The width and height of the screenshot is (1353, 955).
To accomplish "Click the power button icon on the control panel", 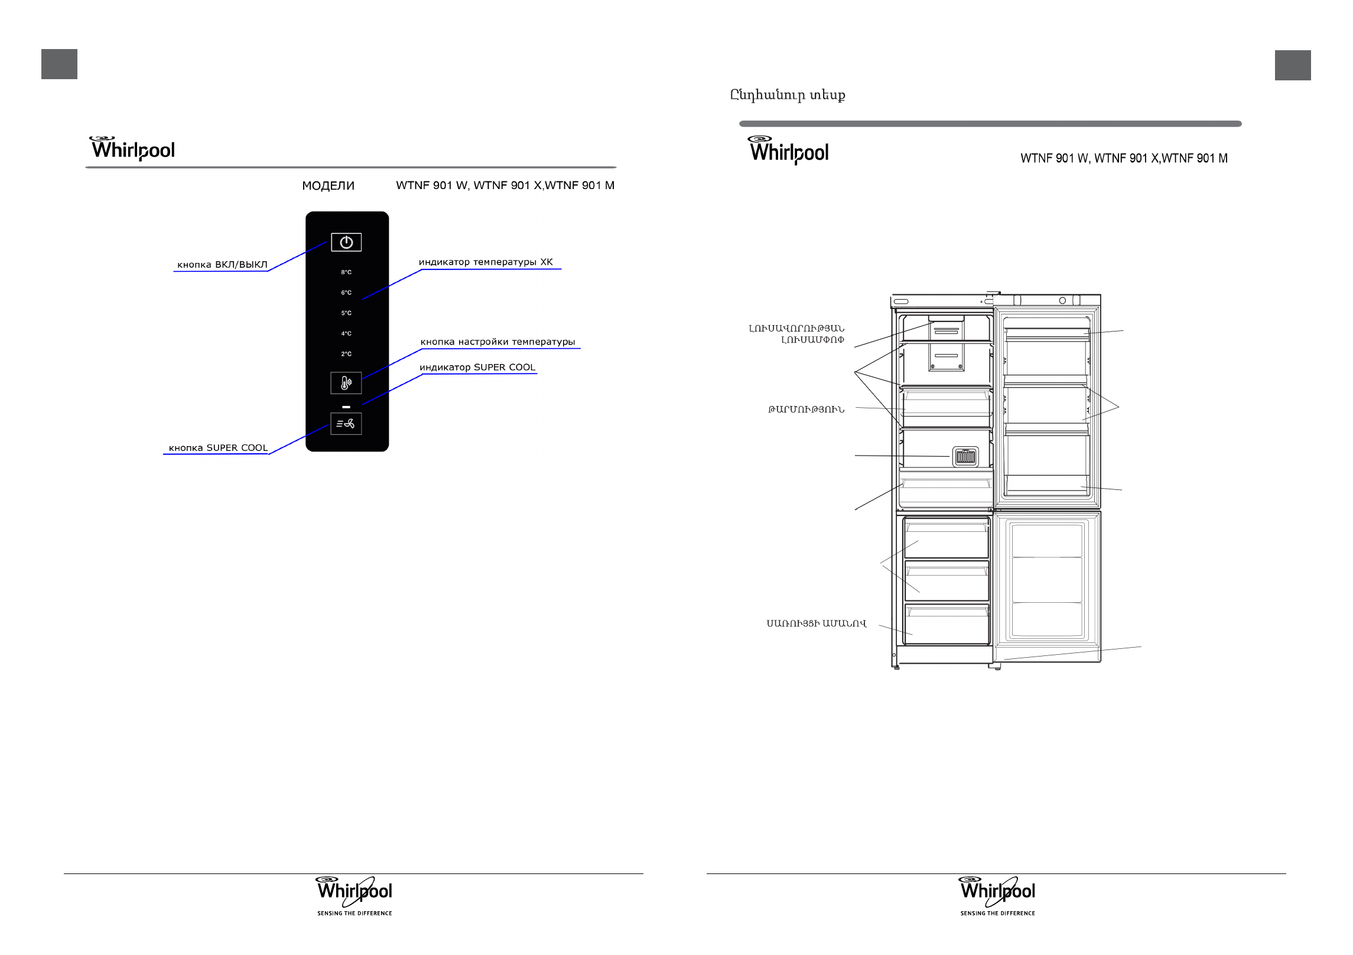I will [346, 242].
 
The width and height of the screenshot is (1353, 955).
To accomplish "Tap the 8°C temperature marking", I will [346, 272].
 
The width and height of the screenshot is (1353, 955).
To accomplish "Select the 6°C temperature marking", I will [346, 293].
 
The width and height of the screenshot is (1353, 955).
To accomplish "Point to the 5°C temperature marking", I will [346, 313].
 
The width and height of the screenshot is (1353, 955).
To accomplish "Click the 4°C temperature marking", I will [346, 334].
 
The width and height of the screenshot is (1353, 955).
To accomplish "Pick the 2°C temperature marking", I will [346, 354].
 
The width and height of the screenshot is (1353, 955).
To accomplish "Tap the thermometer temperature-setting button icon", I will [346, 384].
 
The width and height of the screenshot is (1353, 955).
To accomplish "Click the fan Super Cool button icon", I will [346, 424].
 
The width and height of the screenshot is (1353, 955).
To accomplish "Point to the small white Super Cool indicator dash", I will [346, 407].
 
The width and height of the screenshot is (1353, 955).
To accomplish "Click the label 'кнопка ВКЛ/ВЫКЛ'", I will [222, 265].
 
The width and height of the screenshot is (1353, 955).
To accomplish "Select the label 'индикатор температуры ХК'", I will [486, 262].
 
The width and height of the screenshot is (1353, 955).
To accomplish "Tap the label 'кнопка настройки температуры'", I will [497, 342].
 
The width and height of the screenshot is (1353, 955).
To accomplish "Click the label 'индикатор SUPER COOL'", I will [477, 368].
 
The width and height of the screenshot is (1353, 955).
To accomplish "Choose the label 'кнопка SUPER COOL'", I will [218, 448].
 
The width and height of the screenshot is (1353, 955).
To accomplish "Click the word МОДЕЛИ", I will [328, 186].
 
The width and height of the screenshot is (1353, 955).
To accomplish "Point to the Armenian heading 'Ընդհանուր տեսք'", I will [788, 95].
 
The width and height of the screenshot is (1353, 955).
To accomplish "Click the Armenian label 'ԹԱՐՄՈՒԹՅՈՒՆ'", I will [806, 410].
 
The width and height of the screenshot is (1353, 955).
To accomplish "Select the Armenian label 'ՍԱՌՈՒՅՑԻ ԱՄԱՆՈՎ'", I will [817, 623].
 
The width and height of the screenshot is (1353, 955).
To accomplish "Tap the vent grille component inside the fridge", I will [965, 457].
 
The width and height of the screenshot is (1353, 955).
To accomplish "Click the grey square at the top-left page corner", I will [59, 64].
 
